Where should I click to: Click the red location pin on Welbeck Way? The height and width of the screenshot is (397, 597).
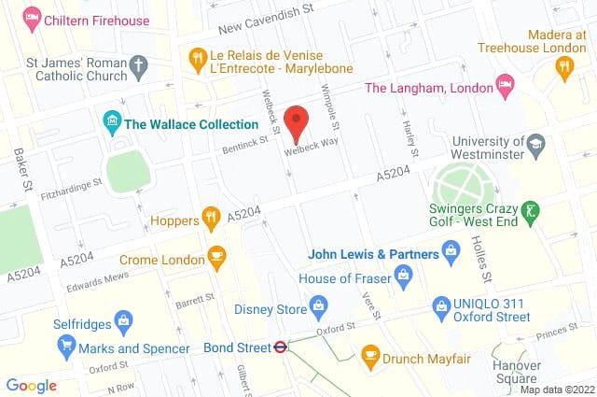point(297,122)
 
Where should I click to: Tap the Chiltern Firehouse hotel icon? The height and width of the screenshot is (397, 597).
point(33,16)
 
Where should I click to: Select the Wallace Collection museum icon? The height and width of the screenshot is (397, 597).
point(111,121)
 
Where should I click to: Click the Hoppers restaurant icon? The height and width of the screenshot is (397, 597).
point(212,219)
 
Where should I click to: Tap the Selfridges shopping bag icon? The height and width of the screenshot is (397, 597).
point(120,320)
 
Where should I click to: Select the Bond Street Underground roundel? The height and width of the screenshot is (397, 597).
point(278,347)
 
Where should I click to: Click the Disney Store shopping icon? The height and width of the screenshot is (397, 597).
point(318,305)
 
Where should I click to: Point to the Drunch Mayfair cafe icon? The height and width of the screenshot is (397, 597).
point(370,356)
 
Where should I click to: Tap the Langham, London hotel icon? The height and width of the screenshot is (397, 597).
point(505,86)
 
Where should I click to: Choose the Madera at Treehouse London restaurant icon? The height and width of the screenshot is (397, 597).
point(563,65)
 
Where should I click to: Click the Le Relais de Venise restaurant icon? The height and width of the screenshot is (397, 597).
point(196,60)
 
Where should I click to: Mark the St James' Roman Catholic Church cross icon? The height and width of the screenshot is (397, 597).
point(140,65)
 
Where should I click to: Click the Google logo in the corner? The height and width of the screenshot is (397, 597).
point(32,385)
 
